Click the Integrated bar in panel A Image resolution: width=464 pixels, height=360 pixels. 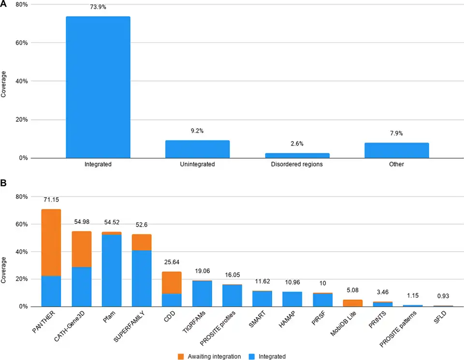[98, 87]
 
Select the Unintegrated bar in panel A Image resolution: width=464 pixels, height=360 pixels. [197, 149]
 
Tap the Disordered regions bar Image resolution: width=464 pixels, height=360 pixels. [297, 155]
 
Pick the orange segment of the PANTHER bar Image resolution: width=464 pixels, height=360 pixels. [51, 242]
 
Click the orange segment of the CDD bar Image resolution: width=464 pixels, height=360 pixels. [172, 282]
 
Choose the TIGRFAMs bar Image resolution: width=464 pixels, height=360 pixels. [202, 293]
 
